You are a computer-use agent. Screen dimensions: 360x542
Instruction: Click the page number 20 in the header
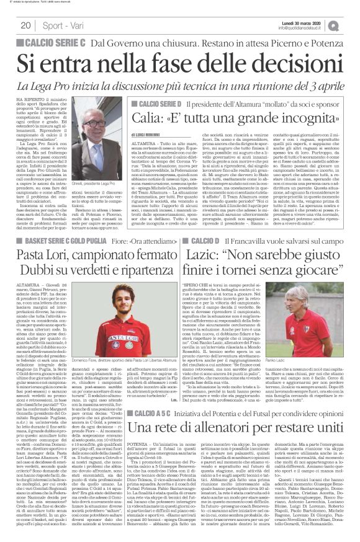[26, 25]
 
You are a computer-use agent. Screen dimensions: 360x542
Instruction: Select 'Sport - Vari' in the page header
[61, 25]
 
